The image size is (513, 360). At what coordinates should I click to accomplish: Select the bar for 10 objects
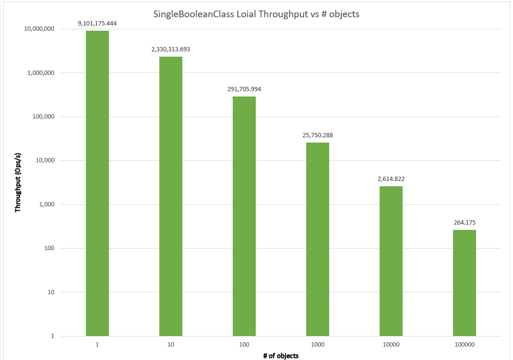click(x=171, y=196)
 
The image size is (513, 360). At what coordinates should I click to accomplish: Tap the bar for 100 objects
click(x=244, y=216)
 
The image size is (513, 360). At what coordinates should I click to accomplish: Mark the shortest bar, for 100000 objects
click(x=465, y=283)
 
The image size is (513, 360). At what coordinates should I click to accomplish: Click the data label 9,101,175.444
click(x=97, y=23)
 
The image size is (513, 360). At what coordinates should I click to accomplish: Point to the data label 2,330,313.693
click(x=171, y=49)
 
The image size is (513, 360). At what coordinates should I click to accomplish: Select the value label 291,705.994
click(x=244, y=89)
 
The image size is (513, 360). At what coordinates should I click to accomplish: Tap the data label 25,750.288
click(x=318, y=135)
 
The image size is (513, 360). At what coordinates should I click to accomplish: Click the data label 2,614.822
click(x=391, y=179)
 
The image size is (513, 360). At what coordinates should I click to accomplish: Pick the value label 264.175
click(x=465, y=222)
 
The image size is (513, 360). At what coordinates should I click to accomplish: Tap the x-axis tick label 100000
click(x=465, y=344)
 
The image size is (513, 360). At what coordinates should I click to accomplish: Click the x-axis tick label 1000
click(x=318, y=344)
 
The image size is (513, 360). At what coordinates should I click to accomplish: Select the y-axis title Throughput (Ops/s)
click(x=18, y=183)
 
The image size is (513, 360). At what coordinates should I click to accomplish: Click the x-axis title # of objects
click(x=281, y=356)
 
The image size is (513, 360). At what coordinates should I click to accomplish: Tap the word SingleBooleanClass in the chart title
click(x=191, y=14)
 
